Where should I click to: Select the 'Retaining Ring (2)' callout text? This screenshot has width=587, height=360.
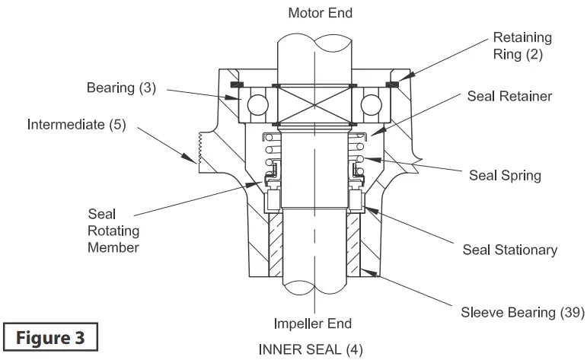click(522, 45)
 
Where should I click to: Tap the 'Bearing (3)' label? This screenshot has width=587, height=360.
click(121, 88)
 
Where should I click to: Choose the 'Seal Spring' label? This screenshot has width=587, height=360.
click(505, 175)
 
